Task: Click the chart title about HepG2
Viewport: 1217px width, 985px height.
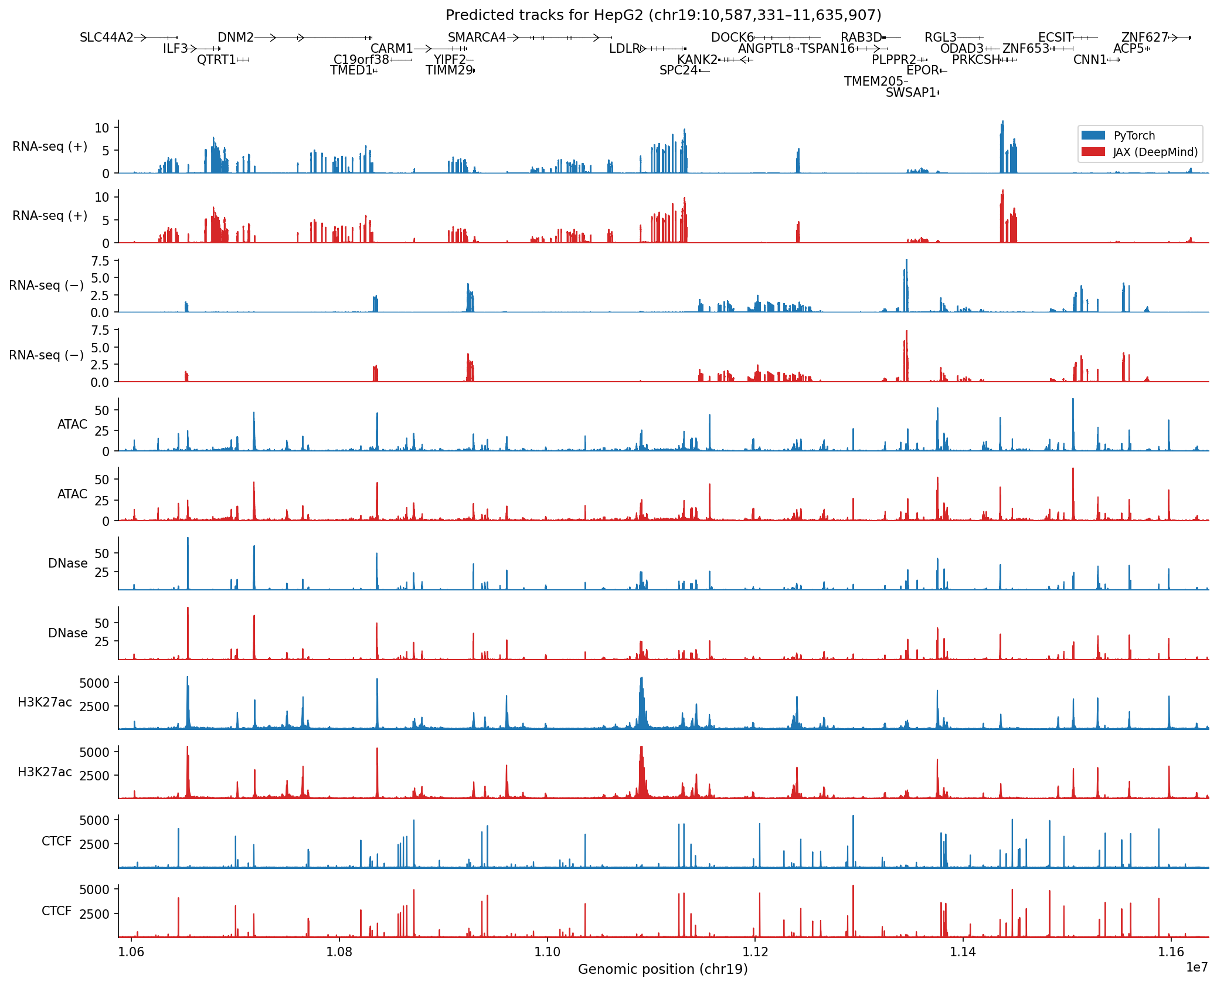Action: pyautogui.click(x=663, y=15)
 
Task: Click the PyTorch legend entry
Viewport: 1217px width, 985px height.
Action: pyautogui.click(x=1134, y=135)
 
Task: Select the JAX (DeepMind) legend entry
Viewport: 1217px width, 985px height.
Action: pyautogui.click(x=1155, y=152)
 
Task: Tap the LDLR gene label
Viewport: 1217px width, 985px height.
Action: pyautogui.click(x=624, y=49)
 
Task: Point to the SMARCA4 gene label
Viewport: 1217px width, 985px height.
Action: pyautogui.click(x=477, y=38)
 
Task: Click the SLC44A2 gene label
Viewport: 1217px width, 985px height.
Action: pyautogui.click(x=107, y=38)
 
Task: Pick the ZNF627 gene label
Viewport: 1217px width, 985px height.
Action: pyautogui.click(x=1144, y=38)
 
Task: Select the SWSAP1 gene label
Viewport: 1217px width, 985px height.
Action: pyautogui.click(x=910, y=93)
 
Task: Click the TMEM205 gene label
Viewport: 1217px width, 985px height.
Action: pyautogui.click(x=873, y=81)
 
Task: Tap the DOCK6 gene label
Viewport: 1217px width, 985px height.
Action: pyautogui.click(x=732, y=38)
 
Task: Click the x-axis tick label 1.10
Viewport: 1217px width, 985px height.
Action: pyautogui.click(x=547, y=952)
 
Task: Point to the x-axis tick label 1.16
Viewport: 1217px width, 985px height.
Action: pyautogui.click(x=1171, y=952)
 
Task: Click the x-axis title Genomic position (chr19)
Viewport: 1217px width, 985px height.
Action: pyautogui.click(x=663, y=969)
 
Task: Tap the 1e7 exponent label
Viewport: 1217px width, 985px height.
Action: pyautogui.click(x=1196, y=967)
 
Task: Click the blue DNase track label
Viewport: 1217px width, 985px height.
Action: pyautogui.click(x=68, y=563)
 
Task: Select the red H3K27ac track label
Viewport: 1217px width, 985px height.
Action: pyautogui.click(x=45, y=772)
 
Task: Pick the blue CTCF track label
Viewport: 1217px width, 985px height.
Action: pyautogui.click(x=56, y=841)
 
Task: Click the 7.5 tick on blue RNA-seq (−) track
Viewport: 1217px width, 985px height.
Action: pyautogui.click(x=100, y=261)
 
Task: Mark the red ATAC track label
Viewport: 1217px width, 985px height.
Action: pyautogui.click(x=72, y=494)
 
